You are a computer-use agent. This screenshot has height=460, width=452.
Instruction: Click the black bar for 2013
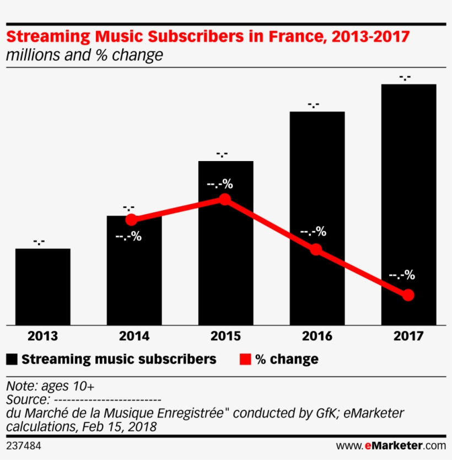(42, 287)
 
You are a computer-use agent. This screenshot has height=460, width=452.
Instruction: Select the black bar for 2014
(134, 276)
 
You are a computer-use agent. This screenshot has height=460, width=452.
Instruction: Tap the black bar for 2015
(225, 259)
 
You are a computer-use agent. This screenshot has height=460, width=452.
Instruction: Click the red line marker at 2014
(131, 220)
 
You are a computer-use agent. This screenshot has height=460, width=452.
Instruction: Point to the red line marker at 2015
(224, 199)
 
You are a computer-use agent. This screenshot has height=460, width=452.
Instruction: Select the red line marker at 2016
(315, 249)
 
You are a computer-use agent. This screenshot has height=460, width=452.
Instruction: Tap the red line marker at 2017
(408, 295)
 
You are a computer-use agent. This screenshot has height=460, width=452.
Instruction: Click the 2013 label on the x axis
(42, 336)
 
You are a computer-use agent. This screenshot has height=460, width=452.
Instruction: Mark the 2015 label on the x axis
(225, 336)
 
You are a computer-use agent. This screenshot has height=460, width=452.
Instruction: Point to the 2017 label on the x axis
(408, 336)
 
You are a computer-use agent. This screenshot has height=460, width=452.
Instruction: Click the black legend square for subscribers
(12, 360)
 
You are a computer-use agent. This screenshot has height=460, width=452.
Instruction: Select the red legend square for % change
(245, 360)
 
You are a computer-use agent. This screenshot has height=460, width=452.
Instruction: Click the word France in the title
(293, 38)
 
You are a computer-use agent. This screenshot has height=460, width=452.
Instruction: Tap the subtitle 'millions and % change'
(84, 55)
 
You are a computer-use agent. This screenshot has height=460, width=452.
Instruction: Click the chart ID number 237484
(24, 445)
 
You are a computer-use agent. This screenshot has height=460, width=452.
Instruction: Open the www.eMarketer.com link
(391, 445)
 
